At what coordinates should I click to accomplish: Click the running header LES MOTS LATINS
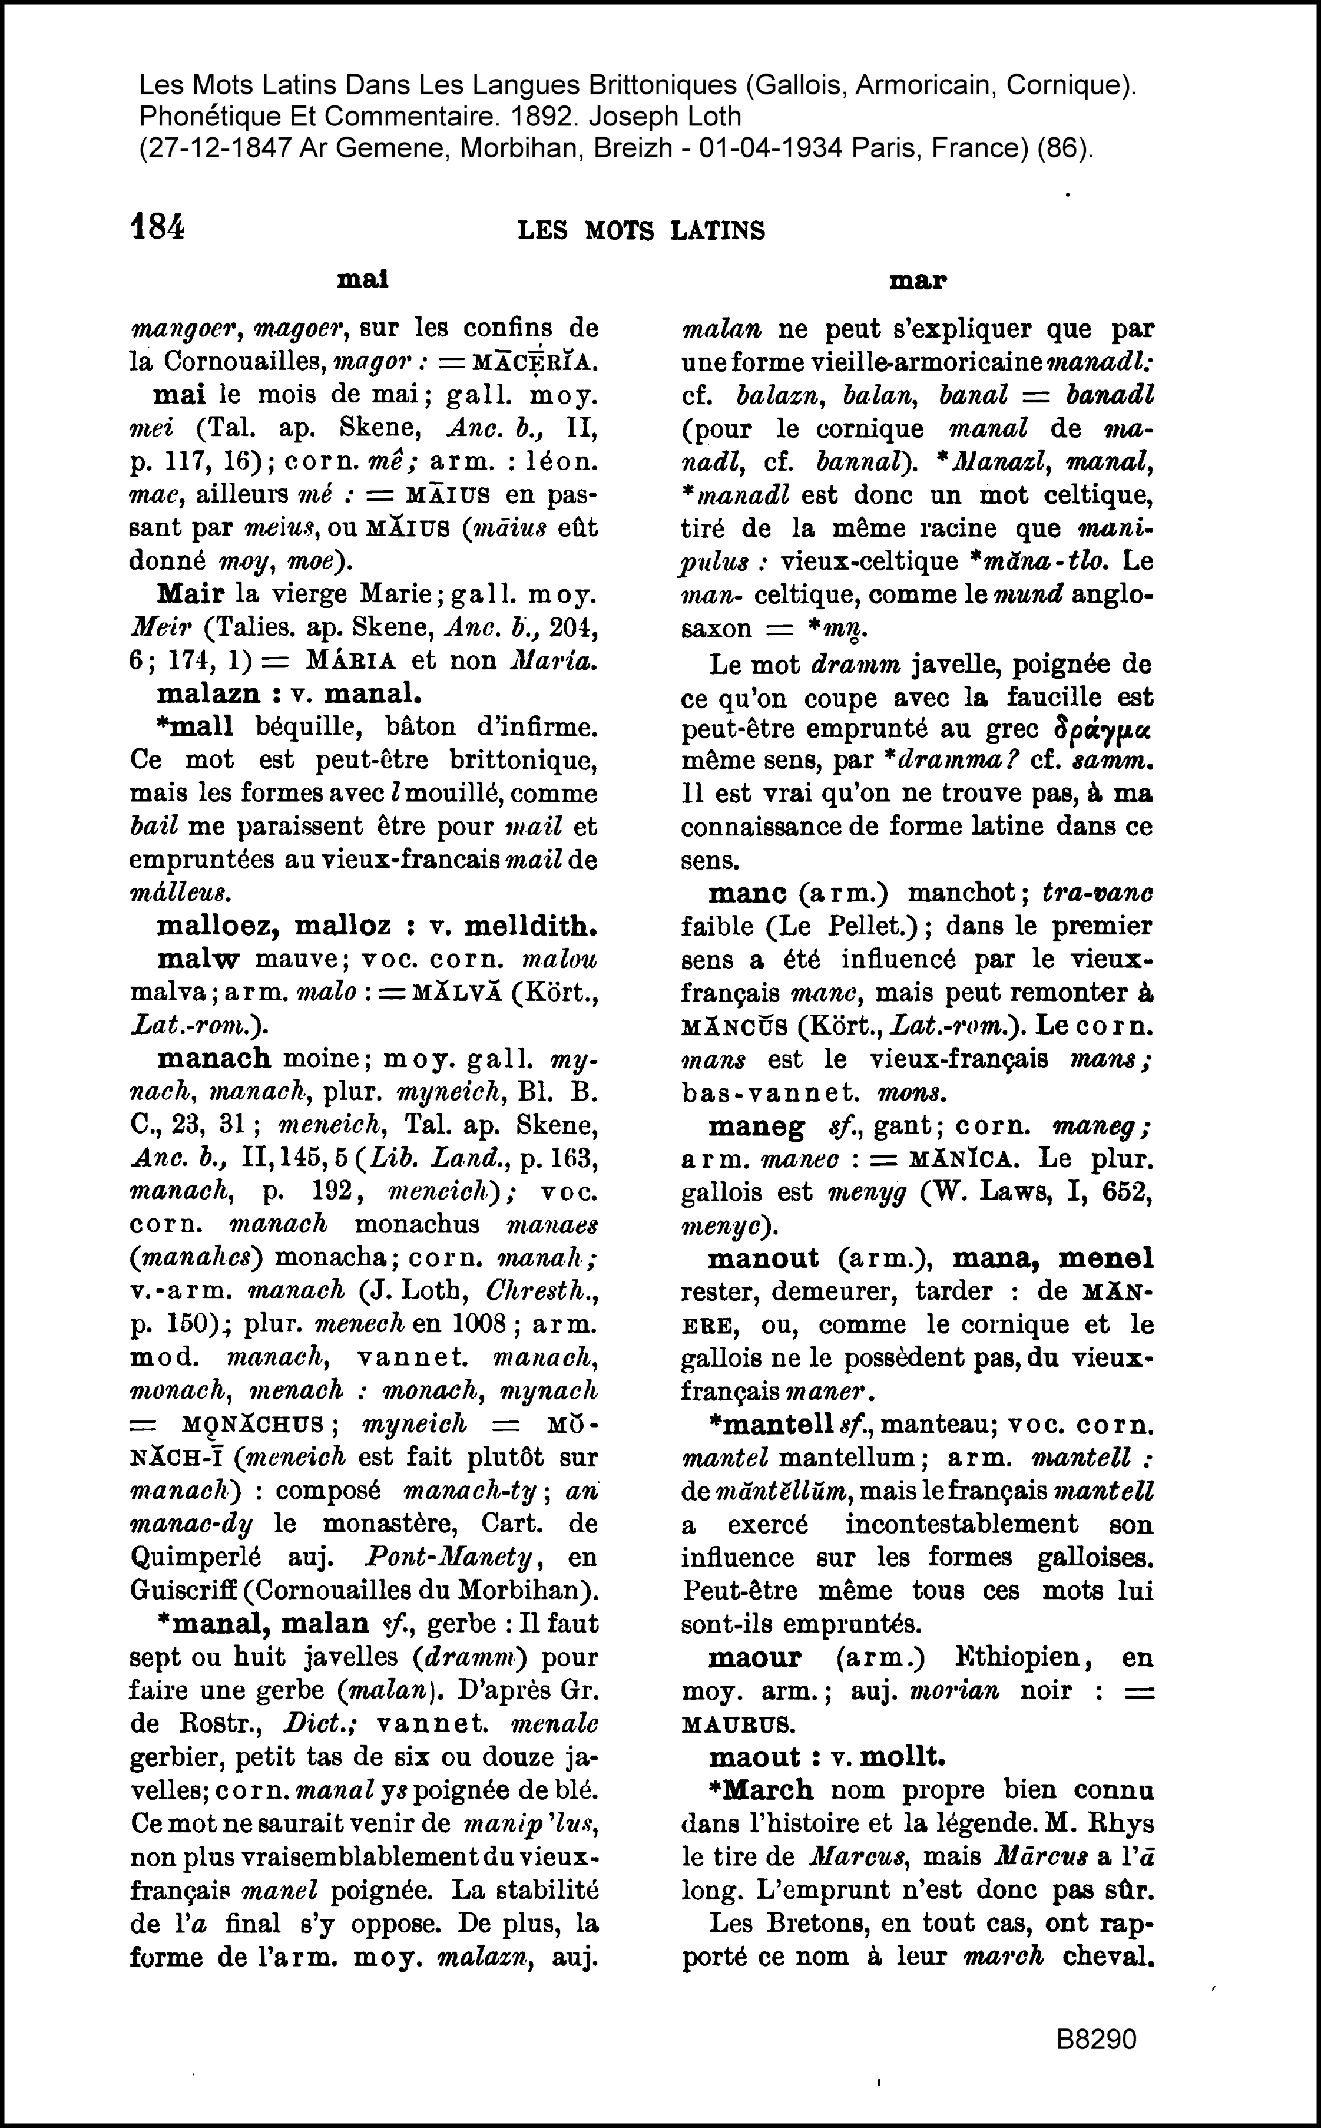tap(641, 231)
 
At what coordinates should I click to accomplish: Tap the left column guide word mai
tap(363, 280)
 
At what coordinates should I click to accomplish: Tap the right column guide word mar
tap(918, 280)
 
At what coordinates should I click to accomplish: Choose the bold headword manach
tap(214, 1058)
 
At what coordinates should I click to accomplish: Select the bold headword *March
tap(761, 1790)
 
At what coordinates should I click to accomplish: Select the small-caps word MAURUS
tap(739, 1724)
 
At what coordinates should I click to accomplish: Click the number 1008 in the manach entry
tap(475, 1324)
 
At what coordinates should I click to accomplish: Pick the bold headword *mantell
tap(772, 1425)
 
